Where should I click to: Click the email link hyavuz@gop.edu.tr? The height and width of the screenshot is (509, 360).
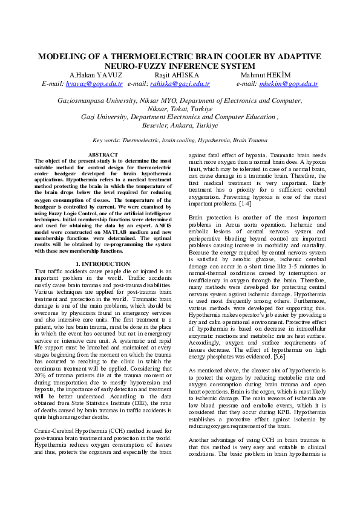(x=87, y=83)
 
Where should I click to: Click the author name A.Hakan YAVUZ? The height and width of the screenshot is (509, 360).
(x=88, y=74)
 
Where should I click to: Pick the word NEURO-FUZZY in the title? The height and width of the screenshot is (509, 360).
(x=133, y=65)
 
